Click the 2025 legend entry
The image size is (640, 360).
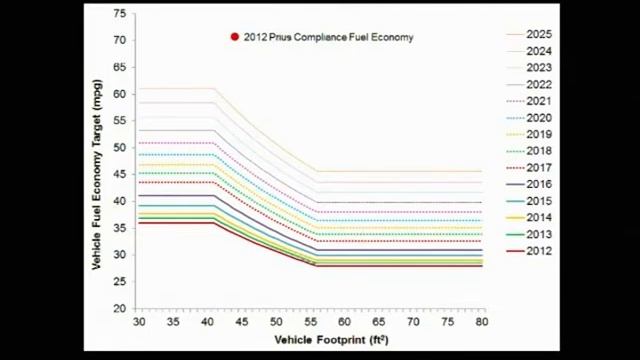(539, 35)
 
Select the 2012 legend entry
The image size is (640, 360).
(539, 250)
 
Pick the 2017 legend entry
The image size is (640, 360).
(539, 168)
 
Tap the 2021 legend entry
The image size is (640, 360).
(539, 101)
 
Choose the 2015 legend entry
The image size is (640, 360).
(539, 201)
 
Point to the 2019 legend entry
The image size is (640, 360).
(539, 134)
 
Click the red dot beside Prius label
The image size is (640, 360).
(235, 37)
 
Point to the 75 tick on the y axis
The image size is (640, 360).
(121, 14)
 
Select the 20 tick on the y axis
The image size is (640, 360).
(121, 308)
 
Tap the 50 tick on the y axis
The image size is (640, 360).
(121, 147)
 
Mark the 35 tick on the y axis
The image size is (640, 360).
(121, 228)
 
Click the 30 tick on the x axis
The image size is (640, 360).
(138, 322)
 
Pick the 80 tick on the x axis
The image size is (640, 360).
(481, 322)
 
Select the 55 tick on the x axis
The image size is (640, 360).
(309, 322)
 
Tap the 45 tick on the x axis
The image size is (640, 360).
(241, 322)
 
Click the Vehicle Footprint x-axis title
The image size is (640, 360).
(331, 340)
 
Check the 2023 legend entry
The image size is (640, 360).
(539, 68)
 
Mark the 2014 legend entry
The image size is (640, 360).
(539, 217)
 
